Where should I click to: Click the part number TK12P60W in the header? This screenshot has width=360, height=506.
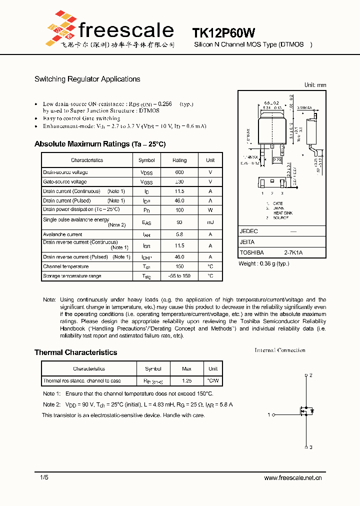click(223, 33)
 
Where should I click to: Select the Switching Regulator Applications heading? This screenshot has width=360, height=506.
click(87, 79)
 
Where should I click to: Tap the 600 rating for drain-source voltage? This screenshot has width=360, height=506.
click(179, 172)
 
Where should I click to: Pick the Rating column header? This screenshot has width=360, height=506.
click(179, 160)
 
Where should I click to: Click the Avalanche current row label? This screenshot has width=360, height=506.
click(62, 234)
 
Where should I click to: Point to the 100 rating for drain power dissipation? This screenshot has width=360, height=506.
click(179, 210)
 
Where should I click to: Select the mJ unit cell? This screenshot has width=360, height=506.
click(210, 222)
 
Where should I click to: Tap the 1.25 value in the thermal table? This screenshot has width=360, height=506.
click(186, 381)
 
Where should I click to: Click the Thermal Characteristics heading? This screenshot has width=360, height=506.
click(75, 352)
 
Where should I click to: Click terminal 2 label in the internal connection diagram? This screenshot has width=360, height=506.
click(310, 375)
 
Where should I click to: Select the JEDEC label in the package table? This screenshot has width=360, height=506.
click(248, 231)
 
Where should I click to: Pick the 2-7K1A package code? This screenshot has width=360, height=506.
click(293, 253)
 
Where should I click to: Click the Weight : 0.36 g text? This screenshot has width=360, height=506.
click(263, 263)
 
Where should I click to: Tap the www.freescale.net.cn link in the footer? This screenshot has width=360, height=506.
click(292, 478)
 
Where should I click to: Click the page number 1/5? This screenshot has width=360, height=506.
click(44, 478)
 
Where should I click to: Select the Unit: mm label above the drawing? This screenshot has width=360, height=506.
click(315, 85)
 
